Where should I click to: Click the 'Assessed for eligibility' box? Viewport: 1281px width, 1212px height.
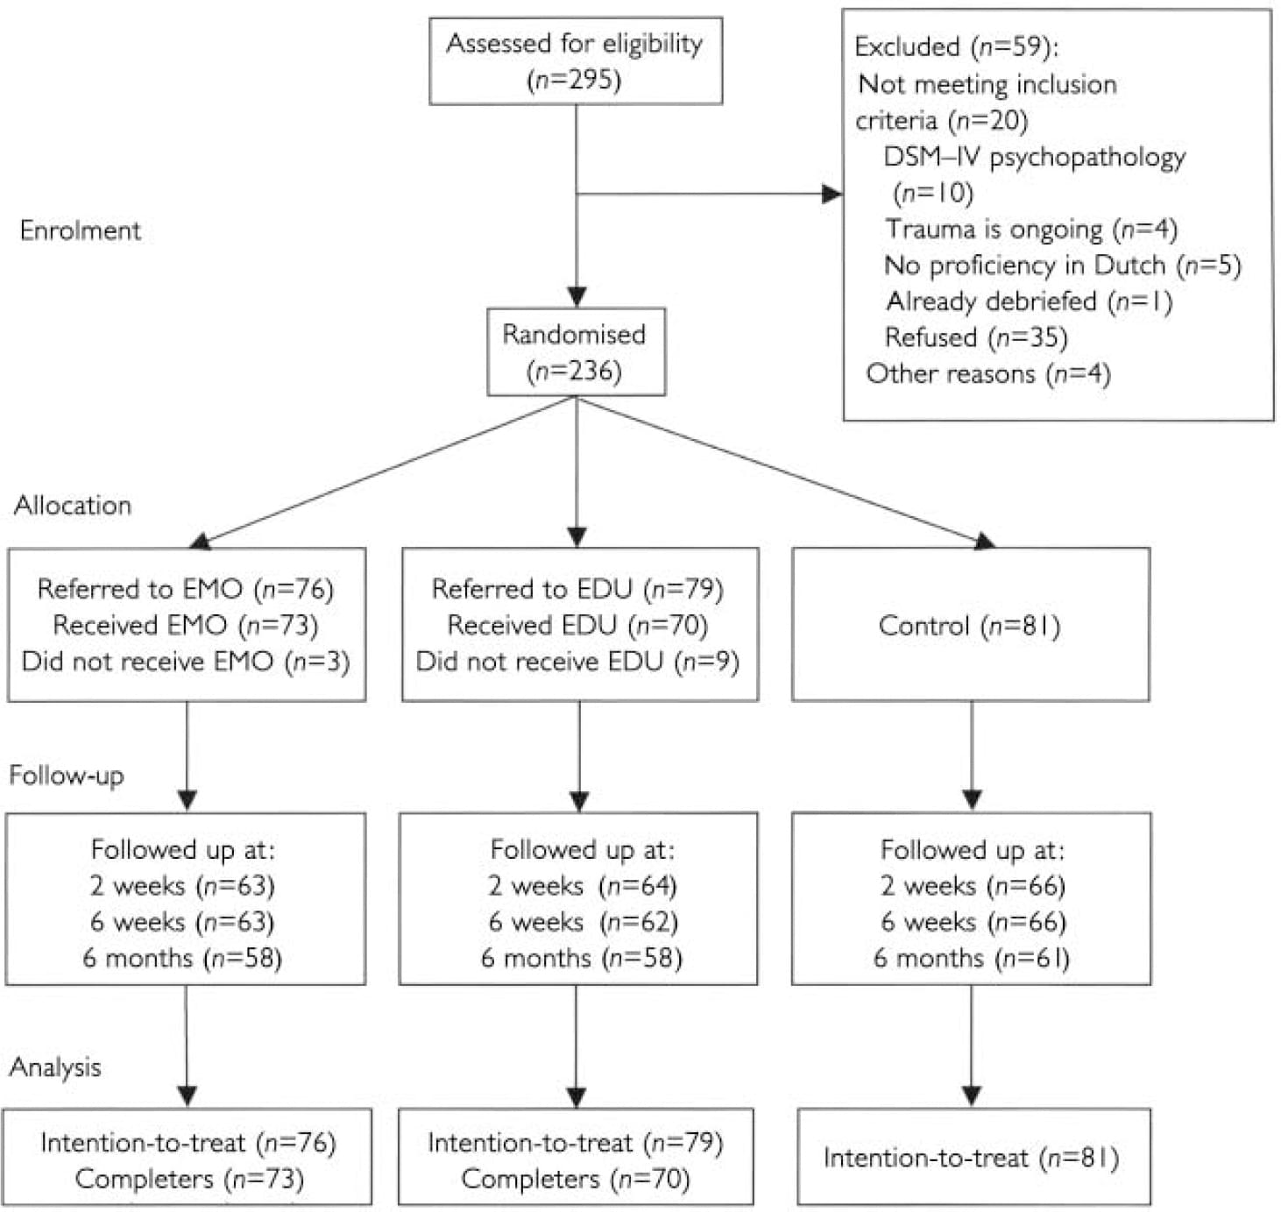(576, 60)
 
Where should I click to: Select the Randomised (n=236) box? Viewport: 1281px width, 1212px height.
(576, 351)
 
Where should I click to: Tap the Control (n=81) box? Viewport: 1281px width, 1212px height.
(970, 626)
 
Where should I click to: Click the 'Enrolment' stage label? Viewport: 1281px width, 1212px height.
(80, 230)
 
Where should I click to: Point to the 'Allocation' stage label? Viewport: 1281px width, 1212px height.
(73, 506)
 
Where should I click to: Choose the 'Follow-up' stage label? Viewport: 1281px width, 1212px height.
(67, 776)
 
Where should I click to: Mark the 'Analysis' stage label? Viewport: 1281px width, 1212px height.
(55, 1067)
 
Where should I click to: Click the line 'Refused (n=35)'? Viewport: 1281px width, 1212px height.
(976, 337)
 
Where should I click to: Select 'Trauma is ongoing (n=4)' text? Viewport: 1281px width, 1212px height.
(1031, 229)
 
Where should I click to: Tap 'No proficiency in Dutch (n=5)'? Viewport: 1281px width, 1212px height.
(1062, 265)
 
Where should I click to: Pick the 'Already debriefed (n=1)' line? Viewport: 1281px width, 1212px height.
(1030, 301)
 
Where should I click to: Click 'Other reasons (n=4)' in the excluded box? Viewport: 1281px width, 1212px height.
(988, 374)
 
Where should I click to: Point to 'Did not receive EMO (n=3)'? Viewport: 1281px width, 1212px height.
(186, 661)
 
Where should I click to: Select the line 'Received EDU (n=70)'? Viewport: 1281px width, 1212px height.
(577, 625)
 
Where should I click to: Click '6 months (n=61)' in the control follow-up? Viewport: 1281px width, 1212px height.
(972, 957)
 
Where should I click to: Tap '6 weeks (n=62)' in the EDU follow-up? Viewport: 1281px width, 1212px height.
(583, 921)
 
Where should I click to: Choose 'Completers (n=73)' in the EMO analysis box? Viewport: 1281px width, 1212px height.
(189, 1179)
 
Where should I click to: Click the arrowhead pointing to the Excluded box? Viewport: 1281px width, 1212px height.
(831, 194)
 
